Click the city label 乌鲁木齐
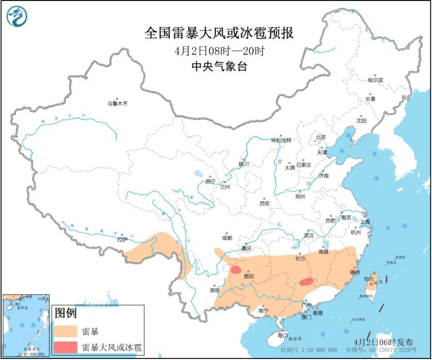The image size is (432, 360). coord(117,104)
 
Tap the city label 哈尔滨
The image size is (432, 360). coord(375,80)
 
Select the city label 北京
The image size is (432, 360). coord(321,137)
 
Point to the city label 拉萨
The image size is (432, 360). coord(122,239)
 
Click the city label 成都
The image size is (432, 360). coord(227,238)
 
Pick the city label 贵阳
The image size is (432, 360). coord(248,276)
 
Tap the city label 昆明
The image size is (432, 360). coord(214,290)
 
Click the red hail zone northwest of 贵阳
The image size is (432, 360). coord(236,270)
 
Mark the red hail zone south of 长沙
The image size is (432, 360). coord(307,282)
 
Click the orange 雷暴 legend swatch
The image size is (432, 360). coord(66,331)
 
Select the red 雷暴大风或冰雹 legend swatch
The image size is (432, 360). coord(66,347)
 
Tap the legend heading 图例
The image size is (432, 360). coord(65,313)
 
